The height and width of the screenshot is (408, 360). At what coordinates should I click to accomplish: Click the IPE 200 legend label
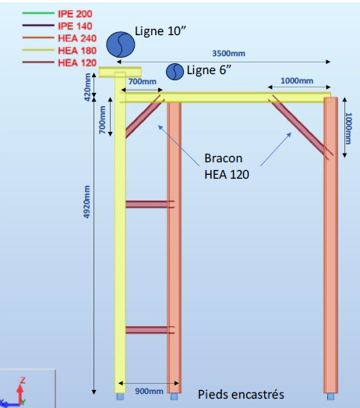coord(75,14)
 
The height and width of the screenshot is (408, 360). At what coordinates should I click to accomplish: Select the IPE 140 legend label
coord(75,26)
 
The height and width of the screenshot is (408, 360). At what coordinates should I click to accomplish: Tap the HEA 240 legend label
coord(77,38)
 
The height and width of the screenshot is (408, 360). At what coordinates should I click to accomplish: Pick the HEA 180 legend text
coord(77,51)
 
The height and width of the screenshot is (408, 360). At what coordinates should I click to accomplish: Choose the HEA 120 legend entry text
coord(77,62)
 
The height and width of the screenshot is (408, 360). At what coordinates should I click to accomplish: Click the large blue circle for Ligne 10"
coord(120,44)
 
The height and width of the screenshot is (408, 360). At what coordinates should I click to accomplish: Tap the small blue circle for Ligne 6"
coord(175,72)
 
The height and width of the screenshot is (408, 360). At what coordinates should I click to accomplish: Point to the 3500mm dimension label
coord(228,53)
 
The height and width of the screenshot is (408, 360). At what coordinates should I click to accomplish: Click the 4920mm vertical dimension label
coord(86,201)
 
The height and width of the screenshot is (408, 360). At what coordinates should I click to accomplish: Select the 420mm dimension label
coord(87,87)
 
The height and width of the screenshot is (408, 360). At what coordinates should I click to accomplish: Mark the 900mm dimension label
coord(149,391)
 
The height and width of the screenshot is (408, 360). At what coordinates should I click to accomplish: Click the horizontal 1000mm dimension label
coord(297,80)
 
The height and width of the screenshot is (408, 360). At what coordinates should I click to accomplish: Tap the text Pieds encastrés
coord(241,394)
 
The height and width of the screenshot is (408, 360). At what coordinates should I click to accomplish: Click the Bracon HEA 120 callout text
coord(227,166)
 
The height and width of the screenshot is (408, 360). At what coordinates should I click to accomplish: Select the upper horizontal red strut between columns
coord(150,204)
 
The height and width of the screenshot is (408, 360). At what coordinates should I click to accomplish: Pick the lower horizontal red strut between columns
coord(150,330)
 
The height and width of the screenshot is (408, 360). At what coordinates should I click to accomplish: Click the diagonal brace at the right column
coord(302,127)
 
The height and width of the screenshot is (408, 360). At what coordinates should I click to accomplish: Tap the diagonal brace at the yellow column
coord(143,117)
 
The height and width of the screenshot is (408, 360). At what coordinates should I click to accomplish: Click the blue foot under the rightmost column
coord(330,396)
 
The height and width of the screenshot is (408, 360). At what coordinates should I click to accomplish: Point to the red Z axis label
coord(23,381)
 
